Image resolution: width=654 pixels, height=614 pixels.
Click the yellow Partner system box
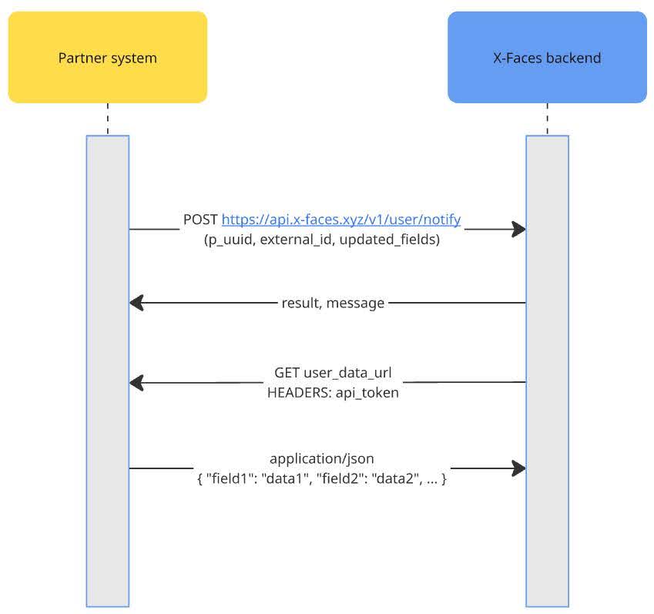pyautogui.click(x=107, y=57)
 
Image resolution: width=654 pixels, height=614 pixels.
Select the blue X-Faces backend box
pyautogui.click(x=547, y=57)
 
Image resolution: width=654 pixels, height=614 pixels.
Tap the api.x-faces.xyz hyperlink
pyautogui.click(x=341, y=220)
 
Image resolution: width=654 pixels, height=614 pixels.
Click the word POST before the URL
pyautogui.click(x=200, y=220)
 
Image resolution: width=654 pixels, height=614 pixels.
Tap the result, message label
pyautogui.click(x=333, y=303)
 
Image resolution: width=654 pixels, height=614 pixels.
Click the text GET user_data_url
pyautogui.click(x=333, y=373)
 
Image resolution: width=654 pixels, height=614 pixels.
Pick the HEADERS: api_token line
pyautogui.click(x=333, y=392)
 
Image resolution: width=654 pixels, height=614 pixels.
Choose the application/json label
pyautogui.click(x=322, y=459)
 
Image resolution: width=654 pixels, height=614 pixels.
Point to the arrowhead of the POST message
pyautogui.click(x=518, y=229)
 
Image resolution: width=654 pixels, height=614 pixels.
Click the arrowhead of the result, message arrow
pyautogui.click(x=137, y=303)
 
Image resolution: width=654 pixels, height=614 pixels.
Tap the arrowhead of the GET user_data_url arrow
pyautogui.click(x=137, y=382)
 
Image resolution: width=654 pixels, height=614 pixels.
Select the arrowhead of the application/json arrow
pyautogui.click(x=518, y=468)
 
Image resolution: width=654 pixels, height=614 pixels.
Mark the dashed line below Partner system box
pyautogui.click(x=107, y=119)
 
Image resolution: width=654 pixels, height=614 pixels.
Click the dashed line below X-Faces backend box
pyautogui.click(x=547, y=119)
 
